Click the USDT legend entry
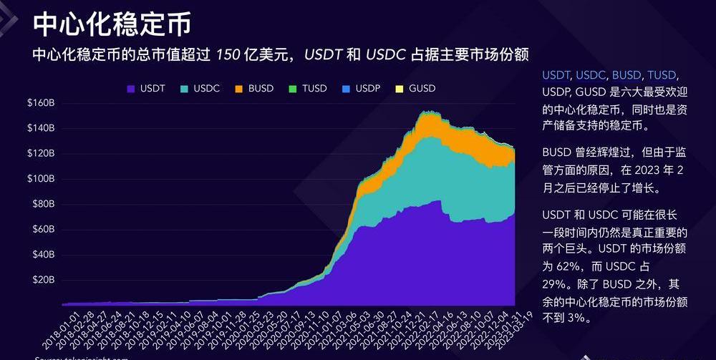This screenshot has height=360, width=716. (x=146, y=89)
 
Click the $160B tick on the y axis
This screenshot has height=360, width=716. (x=42, y=103)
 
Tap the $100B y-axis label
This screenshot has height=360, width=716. (x=42, y=179)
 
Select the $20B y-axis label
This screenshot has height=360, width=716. (x=43, y=280)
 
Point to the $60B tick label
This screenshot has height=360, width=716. (x=43, y=229)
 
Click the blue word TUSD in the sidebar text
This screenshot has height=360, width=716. (x=661, y=75)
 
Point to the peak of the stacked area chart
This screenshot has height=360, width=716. (x=427, y=111)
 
